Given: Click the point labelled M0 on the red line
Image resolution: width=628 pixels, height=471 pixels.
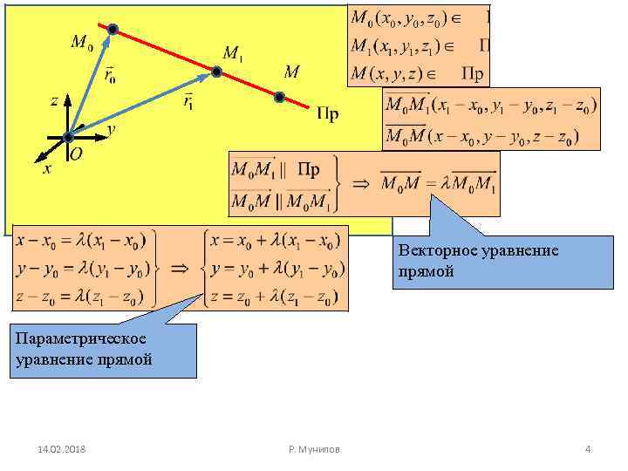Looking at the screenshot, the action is (113, 29).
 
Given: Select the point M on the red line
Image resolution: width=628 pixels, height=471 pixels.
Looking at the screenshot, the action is (279, 97).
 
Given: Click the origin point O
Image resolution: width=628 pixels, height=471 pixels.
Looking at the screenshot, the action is (68, 138).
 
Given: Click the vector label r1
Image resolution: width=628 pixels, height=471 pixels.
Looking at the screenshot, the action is (188, 102).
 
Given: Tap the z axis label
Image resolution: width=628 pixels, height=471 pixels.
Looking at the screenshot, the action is (54, 100).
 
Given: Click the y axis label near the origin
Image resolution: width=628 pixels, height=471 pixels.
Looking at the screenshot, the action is (111, 128).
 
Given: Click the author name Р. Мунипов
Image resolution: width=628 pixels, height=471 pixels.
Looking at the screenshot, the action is (314, 448).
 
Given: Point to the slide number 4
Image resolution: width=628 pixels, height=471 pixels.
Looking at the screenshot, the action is (588, 448).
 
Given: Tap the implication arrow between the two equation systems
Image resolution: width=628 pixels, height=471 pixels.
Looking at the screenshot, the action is (181, 270).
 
